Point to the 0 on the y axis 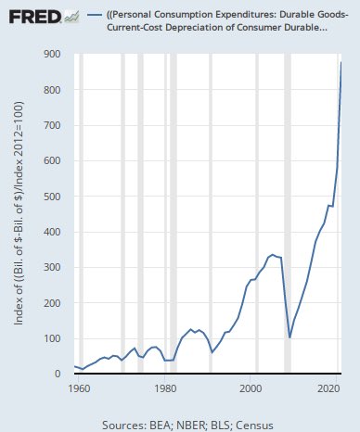coord(64,374)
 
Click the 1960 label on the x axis coord(78,388)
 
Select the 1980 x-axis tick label coord(165,388)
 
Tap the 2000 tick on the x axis coord(252,388)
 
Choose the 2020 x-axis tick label coord(326,388)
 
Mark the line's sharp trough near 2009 coord(289,337)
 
